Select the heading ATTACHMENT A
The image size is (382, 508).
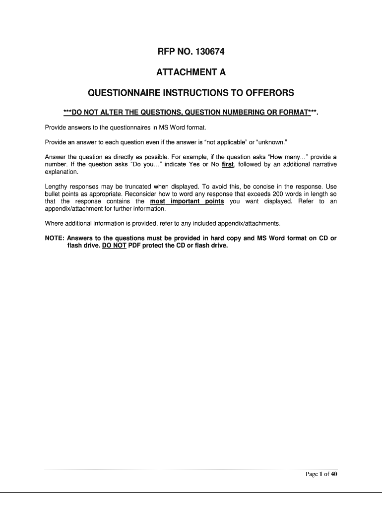pos(191,72)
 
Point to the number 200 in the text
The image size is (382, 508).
pos(271,194)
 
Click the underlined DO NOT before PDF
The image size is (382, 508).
pos(114,245)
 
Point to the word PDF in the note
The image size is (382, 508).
pos(135,245)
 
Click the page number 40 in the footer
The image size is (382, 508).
pos(333,474)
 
